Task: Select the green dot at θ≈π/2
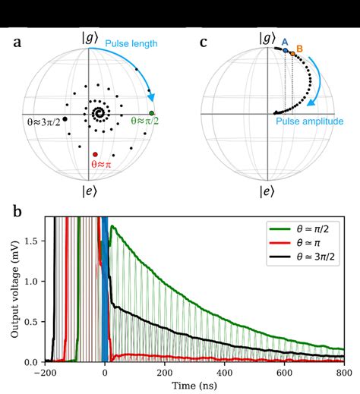click(153, 113)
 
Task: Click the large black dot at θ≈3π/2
click(65, 119)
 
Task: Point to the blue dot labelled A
click(285, 52)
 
